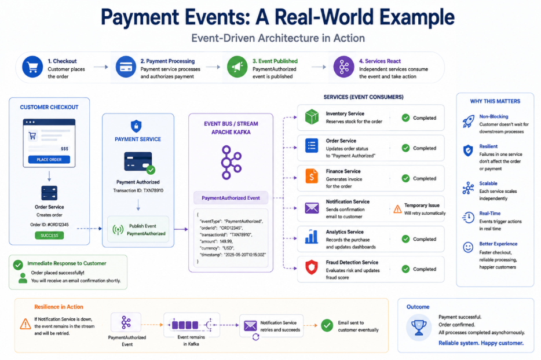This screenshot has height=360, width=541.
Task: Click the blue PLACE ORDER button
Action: (49, 160)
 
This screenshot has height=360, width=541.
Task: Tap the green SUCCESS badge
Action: (49, 236)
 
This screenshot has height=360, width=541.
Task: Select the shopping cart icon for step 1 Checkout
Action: (32, 67)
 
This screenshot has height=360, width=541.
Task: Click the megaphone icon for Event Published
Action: (237, 67)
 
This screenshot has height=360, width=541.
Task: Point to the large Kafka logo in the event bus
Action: (231, 163)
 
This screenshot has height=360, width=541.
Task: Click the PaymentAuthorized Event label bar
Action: (231, 198)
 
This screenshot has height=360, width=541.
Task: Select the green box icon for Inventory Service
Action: (312, 117)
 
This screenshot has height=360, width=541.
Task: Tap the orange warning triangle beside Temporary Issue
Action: (397, 209)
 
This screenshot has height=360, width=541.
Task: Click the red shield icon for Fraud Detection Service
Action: (312, 267)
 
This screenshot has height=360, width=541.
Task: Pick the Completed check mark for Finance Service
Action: (405, 178)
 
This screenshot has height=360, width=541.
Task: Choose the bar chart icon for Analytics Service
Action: (311, 237)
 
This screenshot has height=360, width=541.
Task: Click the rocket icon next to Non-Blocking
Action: (468, 122)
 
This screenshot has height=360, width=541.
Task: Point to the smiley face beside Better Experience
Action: (468, 247)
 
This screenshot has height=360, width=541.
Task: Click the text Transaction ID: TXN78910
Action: (138, 190)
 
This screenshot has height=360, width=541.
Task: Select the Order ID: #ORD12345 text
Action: (49, 225)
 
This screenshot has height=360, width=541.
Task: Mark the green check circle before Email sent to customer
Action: (327, 325)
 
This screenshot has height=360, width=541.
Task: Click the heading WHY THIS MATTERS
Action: (495, 101)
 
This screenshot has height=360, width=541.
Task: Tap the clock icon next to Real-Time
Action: (468, 217)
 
